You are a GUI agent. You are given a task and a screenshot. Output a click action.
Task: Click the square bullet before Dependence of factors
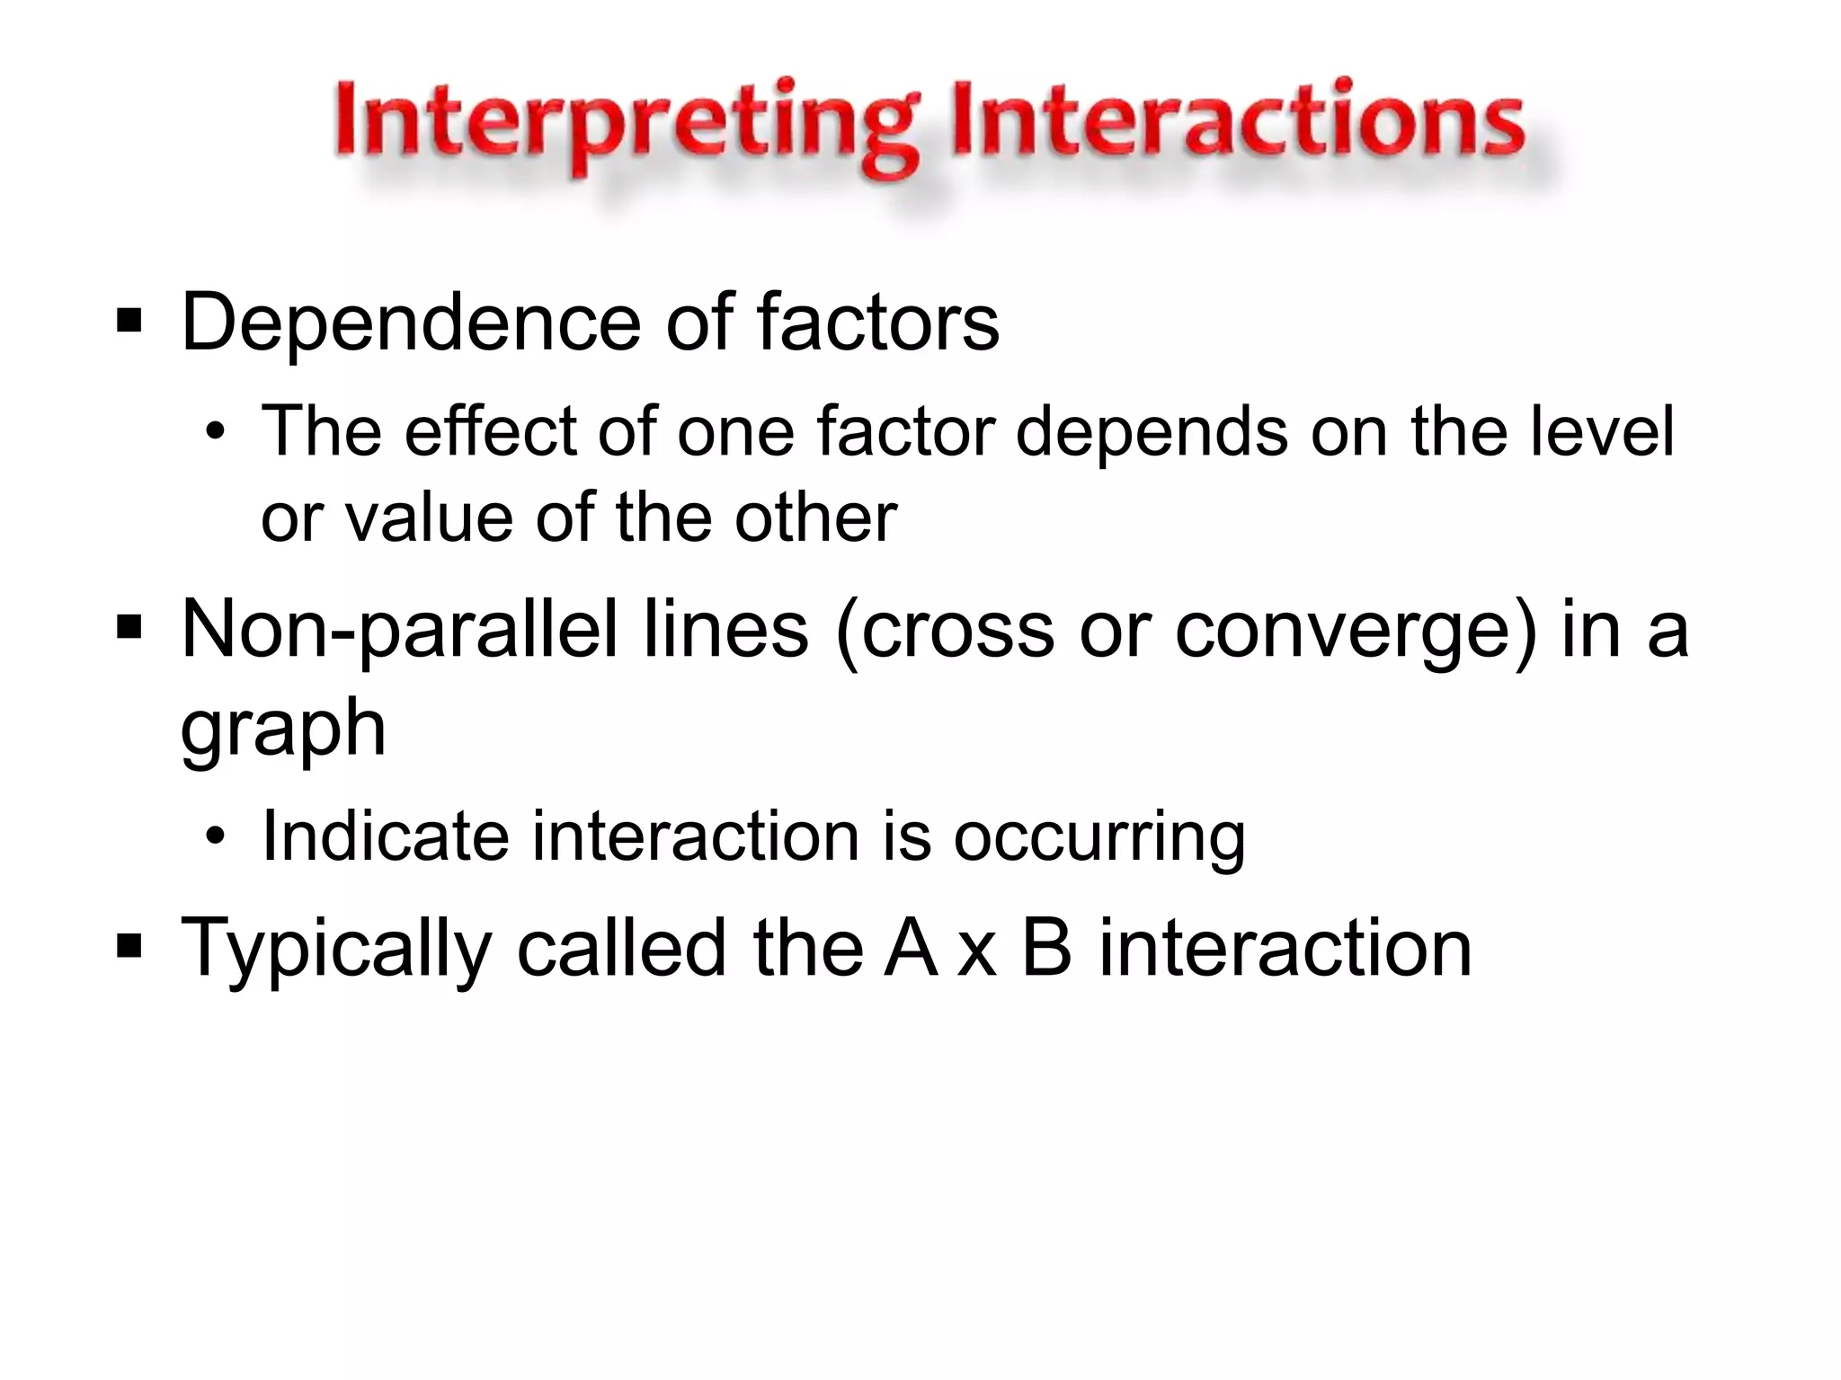click(x=129, y=321)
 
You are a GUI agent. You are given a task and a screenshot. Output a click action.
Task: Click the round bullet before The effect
click(x=215, y=432)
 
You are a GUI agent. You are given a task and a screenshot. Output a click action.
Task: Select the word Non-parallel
click(x=400, y=631)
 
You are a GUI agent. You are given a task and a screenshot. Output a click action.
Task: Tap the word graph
click(x=283, y=730)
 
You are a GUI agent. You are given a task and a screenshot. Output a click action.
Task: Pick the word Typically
click(x=336, y=949)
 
